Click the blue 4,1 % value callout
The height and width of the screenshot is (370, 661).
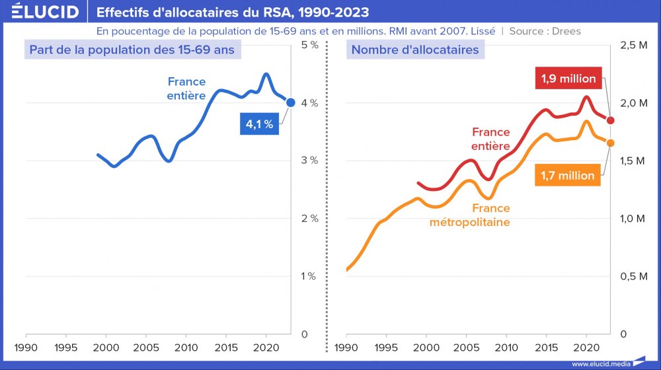259,124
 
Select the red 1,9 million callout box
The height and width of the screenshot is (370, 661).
568,79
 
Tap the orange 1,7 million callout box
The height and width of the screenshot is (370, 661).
567,176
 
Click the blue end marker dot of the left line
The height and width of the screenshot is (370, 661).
291,102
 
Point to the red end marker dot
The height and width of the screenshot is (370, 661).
610,120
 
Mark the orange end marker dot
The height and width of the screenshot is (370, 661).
610,143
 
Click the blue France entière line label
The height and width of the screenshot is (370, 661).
186,89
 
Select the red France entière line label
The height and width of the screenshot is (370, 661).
490,139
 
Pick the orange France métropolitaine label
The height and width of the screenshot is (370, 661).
470,215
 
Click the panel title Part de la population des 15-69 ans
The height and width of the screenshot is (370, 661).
130,50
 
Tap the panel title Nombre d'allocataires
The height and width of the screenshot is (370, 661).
415,50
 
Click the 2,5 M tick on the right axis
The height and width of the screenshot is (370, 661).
633,45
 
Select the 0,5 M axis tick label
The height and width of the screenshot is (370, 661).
633,276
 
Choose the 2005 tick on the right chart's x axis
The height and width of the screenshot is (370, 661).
466,347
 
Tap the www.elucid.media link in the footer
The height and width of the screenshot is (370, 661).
600,363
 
